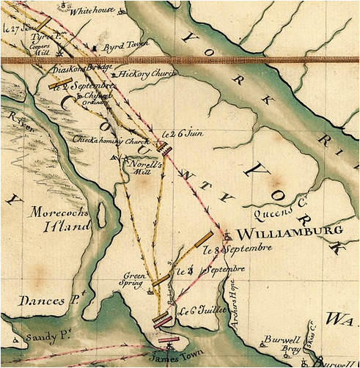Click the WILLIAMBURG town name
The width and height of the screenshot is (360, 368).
288,232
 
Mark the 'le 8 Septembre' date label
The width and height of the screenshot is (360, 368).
233,250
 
